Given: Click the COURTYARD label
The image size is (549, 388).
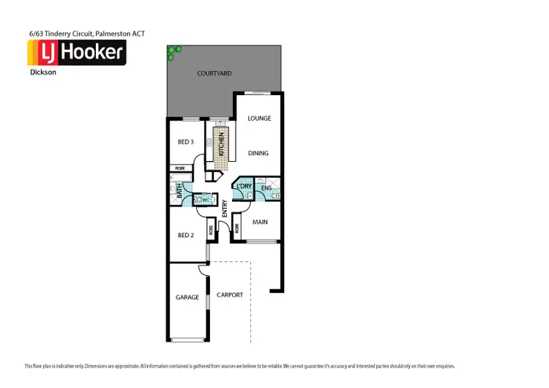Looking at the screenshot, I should (214, 73).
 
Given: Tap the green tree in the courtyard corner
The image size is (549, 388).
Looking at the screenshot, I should (173, 53).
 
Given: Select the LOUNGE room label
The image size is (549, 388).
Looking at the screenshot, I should (259, 118).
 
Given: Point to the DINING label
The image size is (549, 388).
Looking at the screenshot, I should (258, 153).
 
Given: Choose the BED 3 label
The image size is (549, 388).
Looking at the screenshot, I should (186, 142).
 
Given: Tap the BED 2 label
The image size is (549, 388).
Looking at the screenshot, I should (186, 235).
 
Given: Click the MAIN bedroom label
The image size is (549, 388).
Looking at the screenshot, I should (260, 222).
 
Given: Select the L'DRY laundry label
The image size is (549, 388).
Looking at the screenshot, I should (244, 187).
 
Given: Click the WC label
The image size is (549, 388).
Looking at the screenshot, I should (206, 198).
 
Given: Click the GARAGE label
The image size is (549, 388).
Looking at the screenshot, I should (187, 297).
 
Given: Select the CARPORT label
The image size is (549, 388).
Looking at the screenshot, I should (230, 295).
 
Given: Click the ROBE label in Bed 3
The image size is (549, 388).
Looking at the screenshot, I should (180, 168).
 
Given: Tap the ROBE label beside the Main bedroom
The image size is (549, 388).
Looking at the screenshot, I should (237, 228).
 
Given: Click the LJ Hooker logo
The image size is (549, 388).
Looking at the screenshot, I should (76, 53).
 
